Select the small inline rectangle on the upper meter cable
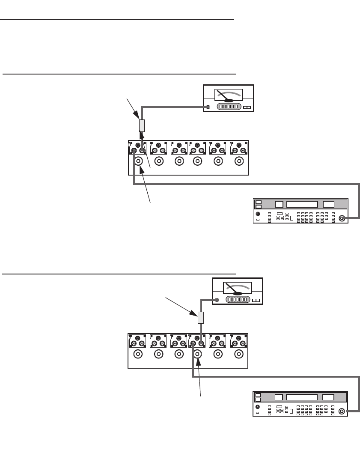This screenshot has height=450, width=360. click(x=142, y=125)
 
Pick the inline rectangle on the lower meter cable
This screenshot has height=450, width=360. click(x=200, y=318)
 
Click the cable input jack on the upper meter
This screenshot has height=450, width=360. click(x=208, y=107)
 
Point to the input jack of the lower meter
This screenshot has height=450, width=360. click(x=217, y=300)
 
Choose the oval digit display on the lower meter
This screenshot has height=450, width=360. click(x=238, y=300)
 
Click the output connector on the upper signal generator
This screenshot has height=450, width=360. click(x=342, y=218)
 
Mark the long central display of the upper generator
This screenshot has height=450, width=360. click(x=302, y=204)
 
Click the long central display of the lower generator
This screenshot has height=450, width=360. click(x=302, y=397)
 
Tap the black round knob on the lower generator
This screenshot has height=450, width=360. click(x=258, y=407)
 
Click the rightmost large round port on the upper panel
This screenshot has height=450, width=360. click(x=239, y=161)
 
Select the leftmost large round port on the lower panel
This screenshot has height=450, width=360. click(x=138, y=354)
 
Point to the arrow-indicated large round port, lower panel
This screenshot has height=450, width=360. click(x=197, y=354)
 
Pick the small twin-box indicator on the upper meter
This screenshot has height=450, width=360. click(x=247, y=107)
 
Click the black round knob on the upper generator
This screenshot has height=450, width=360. click(x=258, y=214)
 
